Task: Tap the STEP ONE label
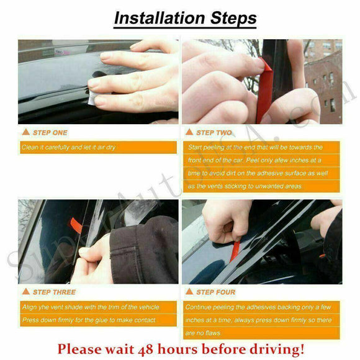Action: click(x=50, y=132)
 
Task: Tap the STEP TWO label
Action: click(x=214, y=132)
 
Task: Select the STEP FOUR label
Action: click(x=216, y=292)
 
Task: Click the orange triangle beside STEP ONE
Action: click(x=25, y=132)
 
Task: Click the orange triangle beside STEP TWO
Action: click(x=189, y=132)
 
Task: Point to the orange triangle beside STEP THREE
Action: click(x=25, y=292)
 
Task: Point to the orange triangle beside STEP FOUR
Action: click(x=189, y=292)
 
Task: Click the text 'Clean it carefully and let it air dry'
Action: click(x=68, y=148)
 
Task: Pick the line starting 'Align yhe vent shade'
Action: click(x=90, y=307)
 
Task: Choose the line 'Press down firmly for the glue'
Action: click(x=88, y=320)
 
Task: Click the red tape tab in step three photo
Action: click(x=76, y=224)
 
